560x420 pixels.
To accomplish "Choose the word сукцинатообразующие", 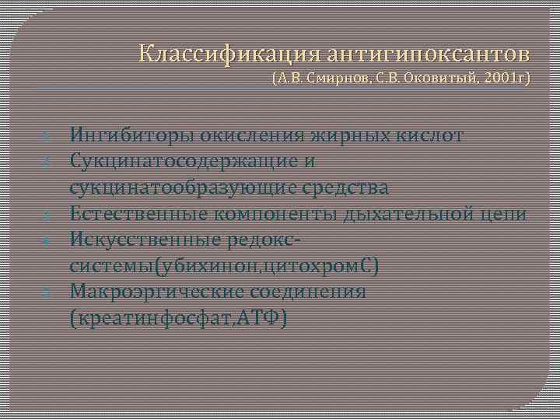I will click(192, 188).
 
